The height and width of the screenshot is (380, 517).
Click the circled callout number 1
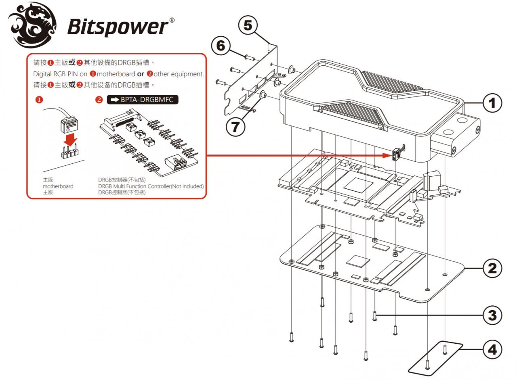(x=492, y=103)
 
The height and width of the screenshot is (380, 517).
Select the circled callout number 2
(x=492, y=268)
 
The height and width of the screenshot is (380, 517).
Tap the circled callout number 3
(x=492, y=315)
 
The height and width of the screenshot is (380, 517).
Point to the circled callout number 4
(x=492, y=350)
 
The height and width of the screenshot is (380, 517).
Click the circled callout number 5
(x=248, y=25)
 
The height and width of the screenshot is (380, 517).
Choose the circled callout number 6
(x=221, y=46)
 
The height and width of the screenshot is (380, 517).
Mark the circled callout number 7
(x=235, y=127)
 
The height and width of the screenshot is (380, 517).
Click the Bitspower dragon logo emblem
(x=32, y=25)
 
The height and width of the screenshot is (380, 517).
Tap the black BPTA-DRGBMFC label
(x=143, y=100)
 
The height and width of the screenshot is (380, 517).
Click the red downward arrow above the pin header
(x=71, y=140)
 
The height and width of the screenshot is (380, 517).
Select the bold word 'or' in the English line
(x=141, y=74)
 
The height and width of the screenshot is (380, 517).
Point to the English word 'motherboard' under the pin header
(x=58, y=186)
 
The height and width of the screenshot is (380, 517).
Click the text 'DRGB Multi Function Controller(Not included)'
(x=151, y=186)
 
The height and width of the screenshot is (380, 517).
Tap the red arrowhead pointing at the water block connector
(x=387, y=155)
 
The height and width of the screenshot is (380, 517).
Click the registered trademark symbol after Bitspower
(x=172, y=20)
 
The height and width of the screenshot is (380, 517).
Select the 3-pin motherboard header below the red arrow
(x=70, y=152)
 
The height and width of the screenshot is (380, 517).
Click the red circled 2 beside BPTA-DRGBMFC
(x=99, y=100)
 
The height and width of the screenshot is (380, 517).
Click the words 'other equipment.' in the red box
(x=179, y=74)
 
